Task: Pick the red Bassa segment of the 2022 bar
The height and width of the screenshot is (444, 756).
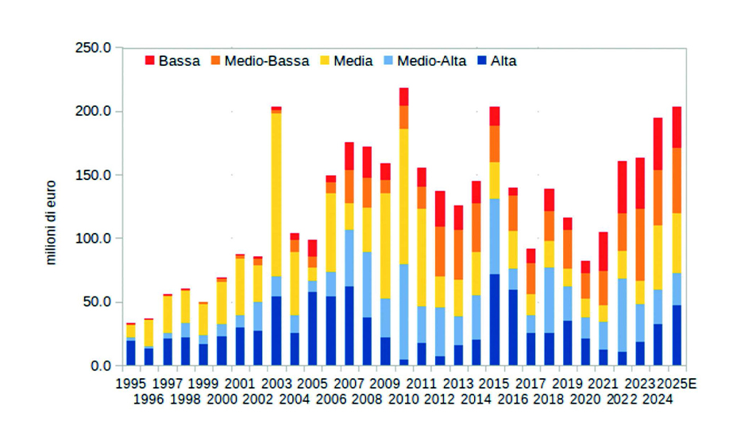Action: pos(623,187)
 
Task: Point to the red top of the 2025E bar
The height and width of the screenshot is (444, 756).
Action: pos(677,127)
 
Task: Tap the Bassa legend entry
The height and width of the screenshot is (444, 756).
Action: pos(172,60)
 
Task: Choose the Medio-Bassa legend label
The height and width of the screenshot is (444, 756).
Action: pos(266,60)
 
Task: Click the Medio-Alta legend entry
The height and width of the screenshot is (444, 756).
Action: pos(425,60)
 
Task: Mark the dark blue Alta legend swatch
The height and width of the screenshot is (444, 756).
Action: pos(481,61)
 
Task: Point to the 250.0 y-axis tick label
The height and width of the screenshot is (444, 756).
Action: pos(92,48)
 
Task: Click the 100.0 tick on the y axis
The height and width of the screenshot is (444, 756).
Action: pos(92,238)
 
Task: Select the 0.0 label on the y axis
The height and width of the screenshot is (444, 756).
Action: pos(98,366)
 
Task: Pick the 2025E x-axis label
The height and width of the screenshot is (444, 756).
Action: pos(677,384)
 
